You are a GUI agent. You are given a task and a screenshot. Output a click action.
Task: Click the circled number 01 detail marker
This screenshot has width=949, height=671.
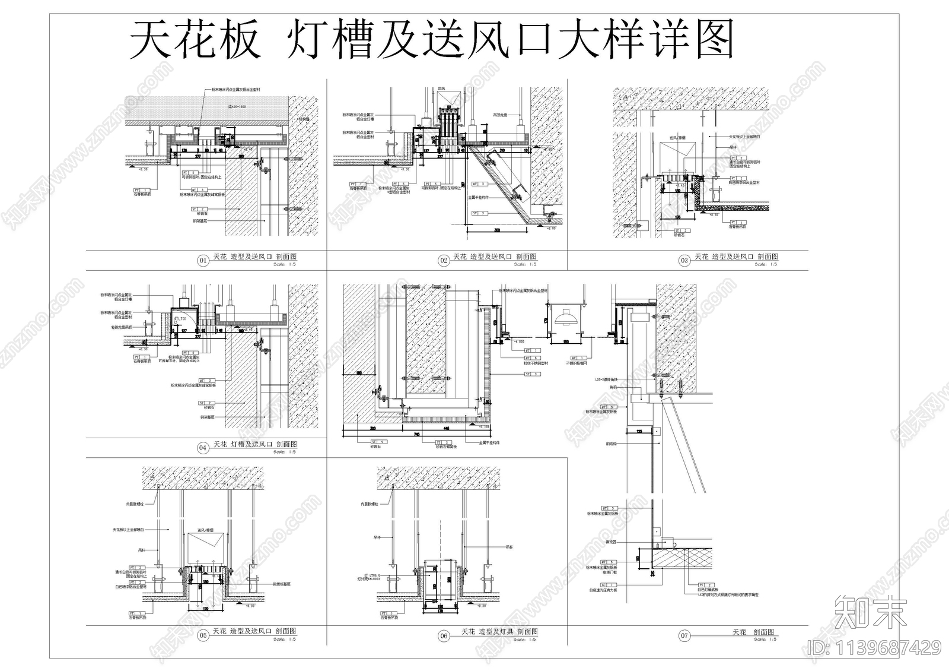tap(203, 260)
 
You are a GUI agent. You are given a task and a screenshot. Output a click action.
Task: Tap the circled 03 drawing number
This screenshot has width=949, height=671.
tap(684, 260)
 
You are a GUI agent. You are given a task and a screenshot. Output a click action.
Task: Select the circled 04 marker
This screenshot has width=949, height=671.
tap(203, 448)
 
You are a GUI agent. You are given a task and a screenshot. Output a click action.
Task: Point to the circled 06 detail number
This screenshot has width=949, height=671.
tap(444, 636)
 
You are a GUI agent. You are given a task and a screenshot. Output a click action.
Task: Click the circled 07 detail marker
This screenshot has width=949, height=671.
tap(684, 636)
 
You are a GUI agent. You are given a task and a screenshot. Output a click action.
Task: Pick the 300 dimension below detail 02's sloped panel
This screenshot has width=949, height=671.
tap(497, 230)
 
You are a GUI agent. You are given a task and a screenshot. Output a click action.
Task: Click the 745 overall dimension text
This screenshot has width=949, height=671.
tap(418, 434)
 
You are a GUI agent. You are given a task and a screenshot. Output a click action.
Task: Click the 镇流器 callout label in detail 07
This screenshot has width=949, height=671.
tap(611, 542)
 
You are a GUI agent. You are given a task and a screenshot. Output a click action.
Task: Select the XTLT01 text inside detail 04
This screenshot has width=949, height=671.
tap(180, 319)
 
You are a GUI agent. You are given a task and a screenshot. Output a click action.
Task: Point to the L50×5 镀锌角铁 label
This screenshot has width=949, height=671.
tap(606, 379)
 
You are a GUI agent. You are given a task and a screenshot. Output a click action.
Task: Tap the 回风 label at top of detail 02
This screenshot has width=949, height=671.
tap(441, 90)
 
